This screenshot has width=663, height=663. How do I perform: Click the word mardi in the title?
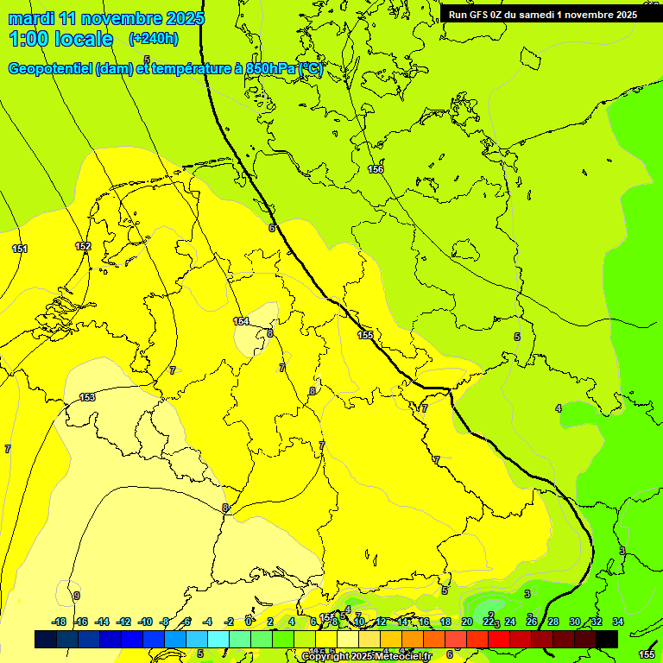30,18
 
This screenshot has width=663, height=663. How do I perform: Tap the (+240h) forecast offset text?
153,38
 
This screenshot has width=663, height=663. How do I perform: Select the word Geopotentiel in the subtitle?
49,69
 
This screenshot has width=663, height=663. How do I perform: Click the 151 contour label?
20,249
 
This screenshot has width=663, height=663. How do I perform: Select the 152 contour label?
83,246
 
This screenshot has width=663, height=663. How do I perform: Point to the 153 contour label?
87,397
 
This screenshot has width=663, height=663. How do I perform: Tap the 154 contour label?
241,321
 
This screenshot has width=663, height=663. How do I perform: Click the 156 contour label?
376,169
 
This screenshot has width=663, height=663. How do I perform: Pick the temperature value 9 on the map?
77,596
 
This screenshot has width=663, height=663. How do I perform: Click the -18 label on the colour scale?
59,622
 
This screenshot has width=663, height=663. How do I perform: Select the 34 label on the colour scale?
617,622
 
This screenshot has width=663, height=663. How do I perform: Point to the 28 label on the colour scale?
553,622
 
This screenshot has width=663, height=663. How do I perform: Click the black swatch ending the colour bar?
607,639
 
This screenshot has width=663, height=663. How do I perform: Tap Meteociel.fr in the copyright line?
402,657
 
